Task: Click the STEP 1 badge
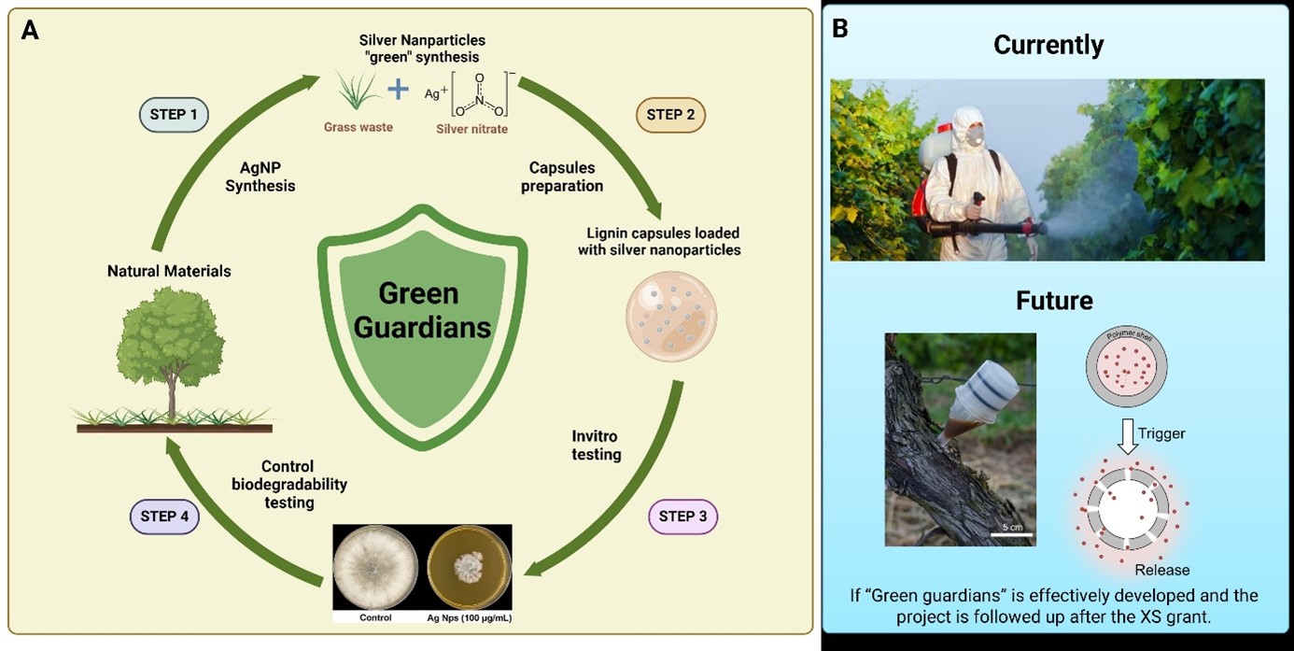pos(174,115)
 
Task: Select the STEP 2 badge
pos(670,115)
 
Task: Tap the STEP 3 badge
pos(682,516)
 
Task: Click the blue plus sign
pos(399,91)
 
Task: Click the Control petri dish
pos(375,569)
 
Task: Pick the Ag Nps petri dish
pos(470,569)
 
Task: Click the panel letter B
pos(840,29)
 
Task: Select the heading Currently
pos(1048,44)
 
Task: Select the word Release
pos(1162,570)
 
